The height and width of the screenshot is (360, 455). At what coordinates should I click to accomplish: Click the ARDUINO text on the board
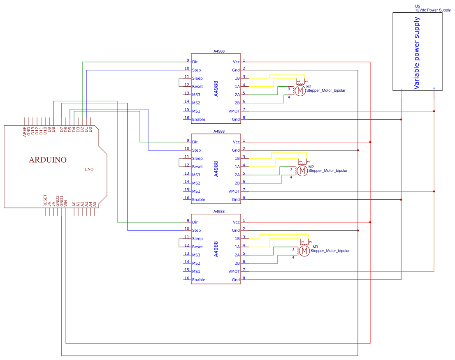[x=47, y=160]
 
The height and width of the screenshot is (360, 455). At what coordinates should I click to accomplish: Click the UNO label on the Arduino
[x=89, y=169]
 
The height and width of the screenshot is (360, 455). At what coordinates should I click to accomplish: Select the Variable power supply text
[x=416, y=53]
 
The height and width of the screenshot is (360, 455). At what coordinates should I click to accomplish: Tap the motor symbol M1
[x=300, y=90]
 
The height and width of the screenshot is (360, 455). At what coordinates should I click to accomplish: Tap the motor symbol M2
[x=302, y=170]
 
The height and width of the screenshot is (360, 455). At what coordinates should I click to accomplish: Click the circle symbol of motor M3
[x=304, y=250]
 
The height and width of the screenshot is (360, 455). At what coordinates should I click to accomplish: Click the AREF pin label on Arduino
[x=25, y=132]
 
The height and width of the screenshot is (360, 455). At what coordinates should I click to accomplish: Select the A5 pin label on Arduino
[x=95, y=203]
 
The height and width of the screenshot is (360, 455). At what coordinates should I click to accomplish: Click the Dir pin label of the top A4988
[x=195, y=62]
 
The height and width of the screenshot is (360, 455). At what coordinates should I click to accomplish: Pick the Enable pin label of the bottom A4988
[x=198, y=280]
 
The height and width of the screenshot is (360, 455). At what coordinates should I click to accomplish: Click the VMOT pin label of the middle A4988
[x=234, y=192]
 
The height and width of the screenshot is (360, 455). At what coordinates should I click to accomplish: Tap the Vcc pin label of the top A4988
[x=236, y=62]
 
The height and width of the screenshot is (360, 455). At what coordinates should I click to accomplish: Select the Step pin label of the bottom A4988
[x=196, y=231]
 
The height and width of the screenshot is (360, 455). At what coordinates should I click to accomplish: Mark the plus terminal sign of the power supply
[x=434, y=88]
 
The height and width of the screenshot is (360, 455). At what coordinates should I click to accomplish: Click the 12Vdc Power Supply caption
[x=433, y=10]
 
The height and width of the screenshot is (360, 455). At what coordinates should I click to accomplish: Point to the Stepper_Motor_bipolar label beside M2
[x=329, y=171]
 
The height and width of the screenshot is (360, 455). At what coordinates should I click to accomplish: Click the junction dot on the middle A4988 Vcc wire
[x=370, y=142]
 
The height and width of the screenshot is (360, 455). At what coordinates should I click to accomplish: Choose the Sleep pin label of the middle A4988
[x=197, y=159]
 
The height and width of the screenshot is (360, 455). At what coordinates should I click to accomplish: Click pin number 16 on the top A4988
[x=187, y=118]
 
